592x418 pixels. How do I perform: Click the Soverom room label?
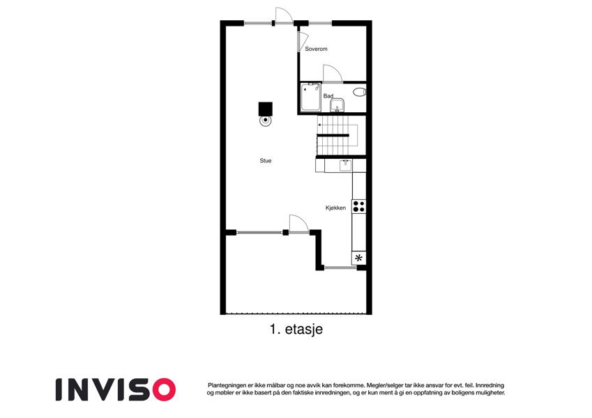click(316, 49)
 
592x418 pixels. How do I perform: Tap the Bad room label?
click(328, 96)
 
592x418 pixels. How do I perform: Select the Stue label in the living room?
click(266, 161)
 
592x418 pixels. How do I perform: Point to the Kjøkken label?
click(335, 208)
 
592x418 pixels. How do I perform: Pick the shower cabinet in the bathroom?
click(311, 98)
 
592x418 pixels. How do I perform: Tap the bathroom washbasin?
click(337, 105)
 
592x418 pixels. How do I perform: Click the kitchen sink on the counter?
click(345, 166)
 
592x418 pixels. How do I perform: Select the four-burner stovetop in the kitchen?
click(358, 206)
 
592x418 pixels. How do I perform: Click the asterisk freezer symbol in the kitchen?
click(358, 258)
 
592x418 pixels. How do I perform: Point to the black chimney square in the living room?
click(266, 109)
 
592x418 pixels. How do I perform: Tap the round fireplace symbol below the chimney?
click(266, 121)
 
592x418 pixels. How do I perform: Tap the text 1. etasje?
click(296, 329)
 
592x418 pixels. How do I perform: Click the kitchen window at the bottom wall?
click(340, 268)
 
